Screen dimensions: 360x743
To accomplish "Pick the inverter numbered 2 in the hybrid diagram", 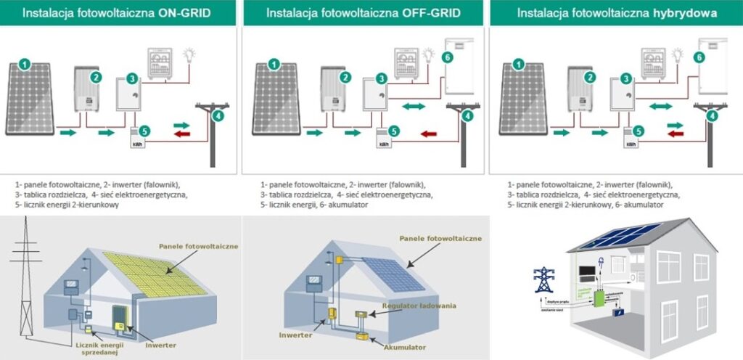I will tap(580, 90).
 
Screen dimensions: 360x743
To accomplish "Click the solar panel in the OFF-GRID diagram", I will tap(279, 99).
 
